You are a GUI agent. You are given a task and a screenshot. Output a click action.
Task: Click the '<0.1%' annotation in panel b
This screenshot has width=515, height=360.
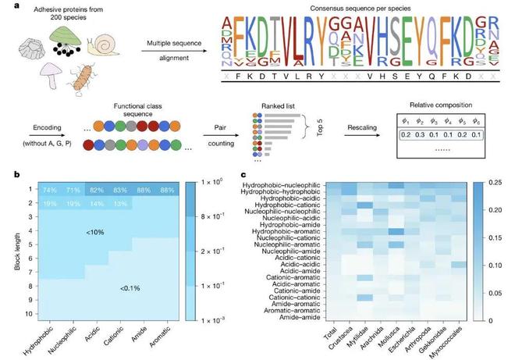130,289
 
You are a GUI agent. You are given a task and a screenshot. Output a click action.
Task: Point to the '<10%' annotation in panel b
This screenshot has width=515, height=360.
97,232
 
